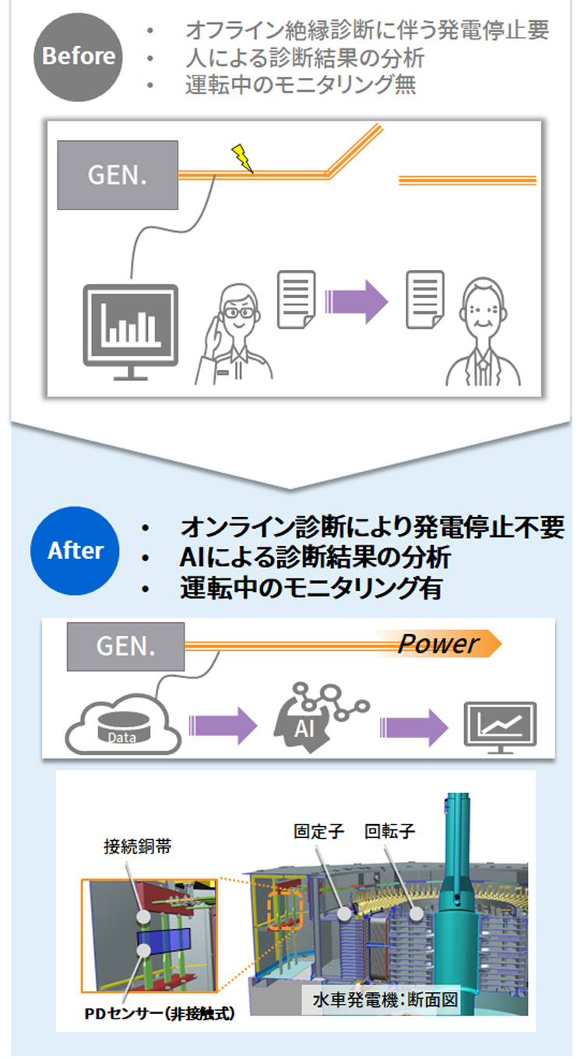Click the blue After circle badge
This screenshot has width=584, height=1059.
pos(75,551)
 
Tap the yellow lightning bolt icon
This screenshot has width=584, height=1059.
pos(242,158)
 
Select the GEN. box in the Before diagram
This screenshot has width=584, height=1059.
pos(118,174)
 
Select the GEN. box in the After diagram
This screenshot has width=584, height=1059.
pos(126,646)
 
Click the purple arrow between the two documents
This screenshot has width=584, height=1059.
pos(355,299)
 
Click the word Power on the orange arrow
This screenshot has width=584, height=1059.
pos(438,644)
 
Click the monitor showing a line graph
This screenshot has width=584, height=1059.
pos(500,725)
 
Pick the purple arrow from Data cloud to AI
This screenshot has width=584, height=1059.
pos(222,726)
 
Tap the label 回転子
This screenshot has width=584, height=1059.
pos(389,831)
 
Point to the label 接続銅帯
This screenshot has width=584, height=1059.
pos(137,846)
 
